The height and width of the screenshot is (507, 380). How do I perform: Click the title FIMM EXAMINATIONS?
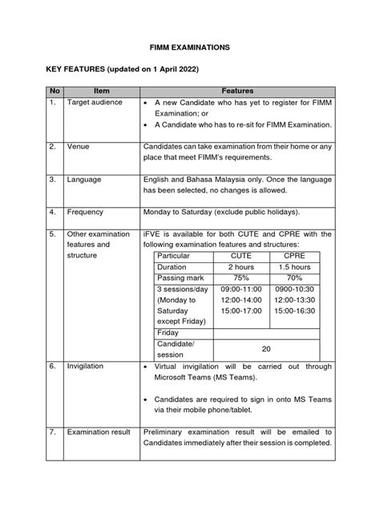(x=190, y=49)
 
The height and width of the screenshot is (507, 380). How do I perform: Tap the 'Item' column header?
(x=101, y=92)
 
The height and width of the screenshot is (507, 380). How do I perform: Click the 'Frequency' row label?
(x=87, y=212)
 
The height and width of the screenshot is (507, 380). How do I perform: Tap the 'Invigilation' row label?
(x=85, y=365)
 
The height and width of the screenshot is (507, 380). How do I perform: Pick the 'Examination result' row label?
(x=99, y=432)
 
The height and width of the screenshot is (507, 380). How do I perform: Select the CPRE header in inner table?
(x=297, y=254)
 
